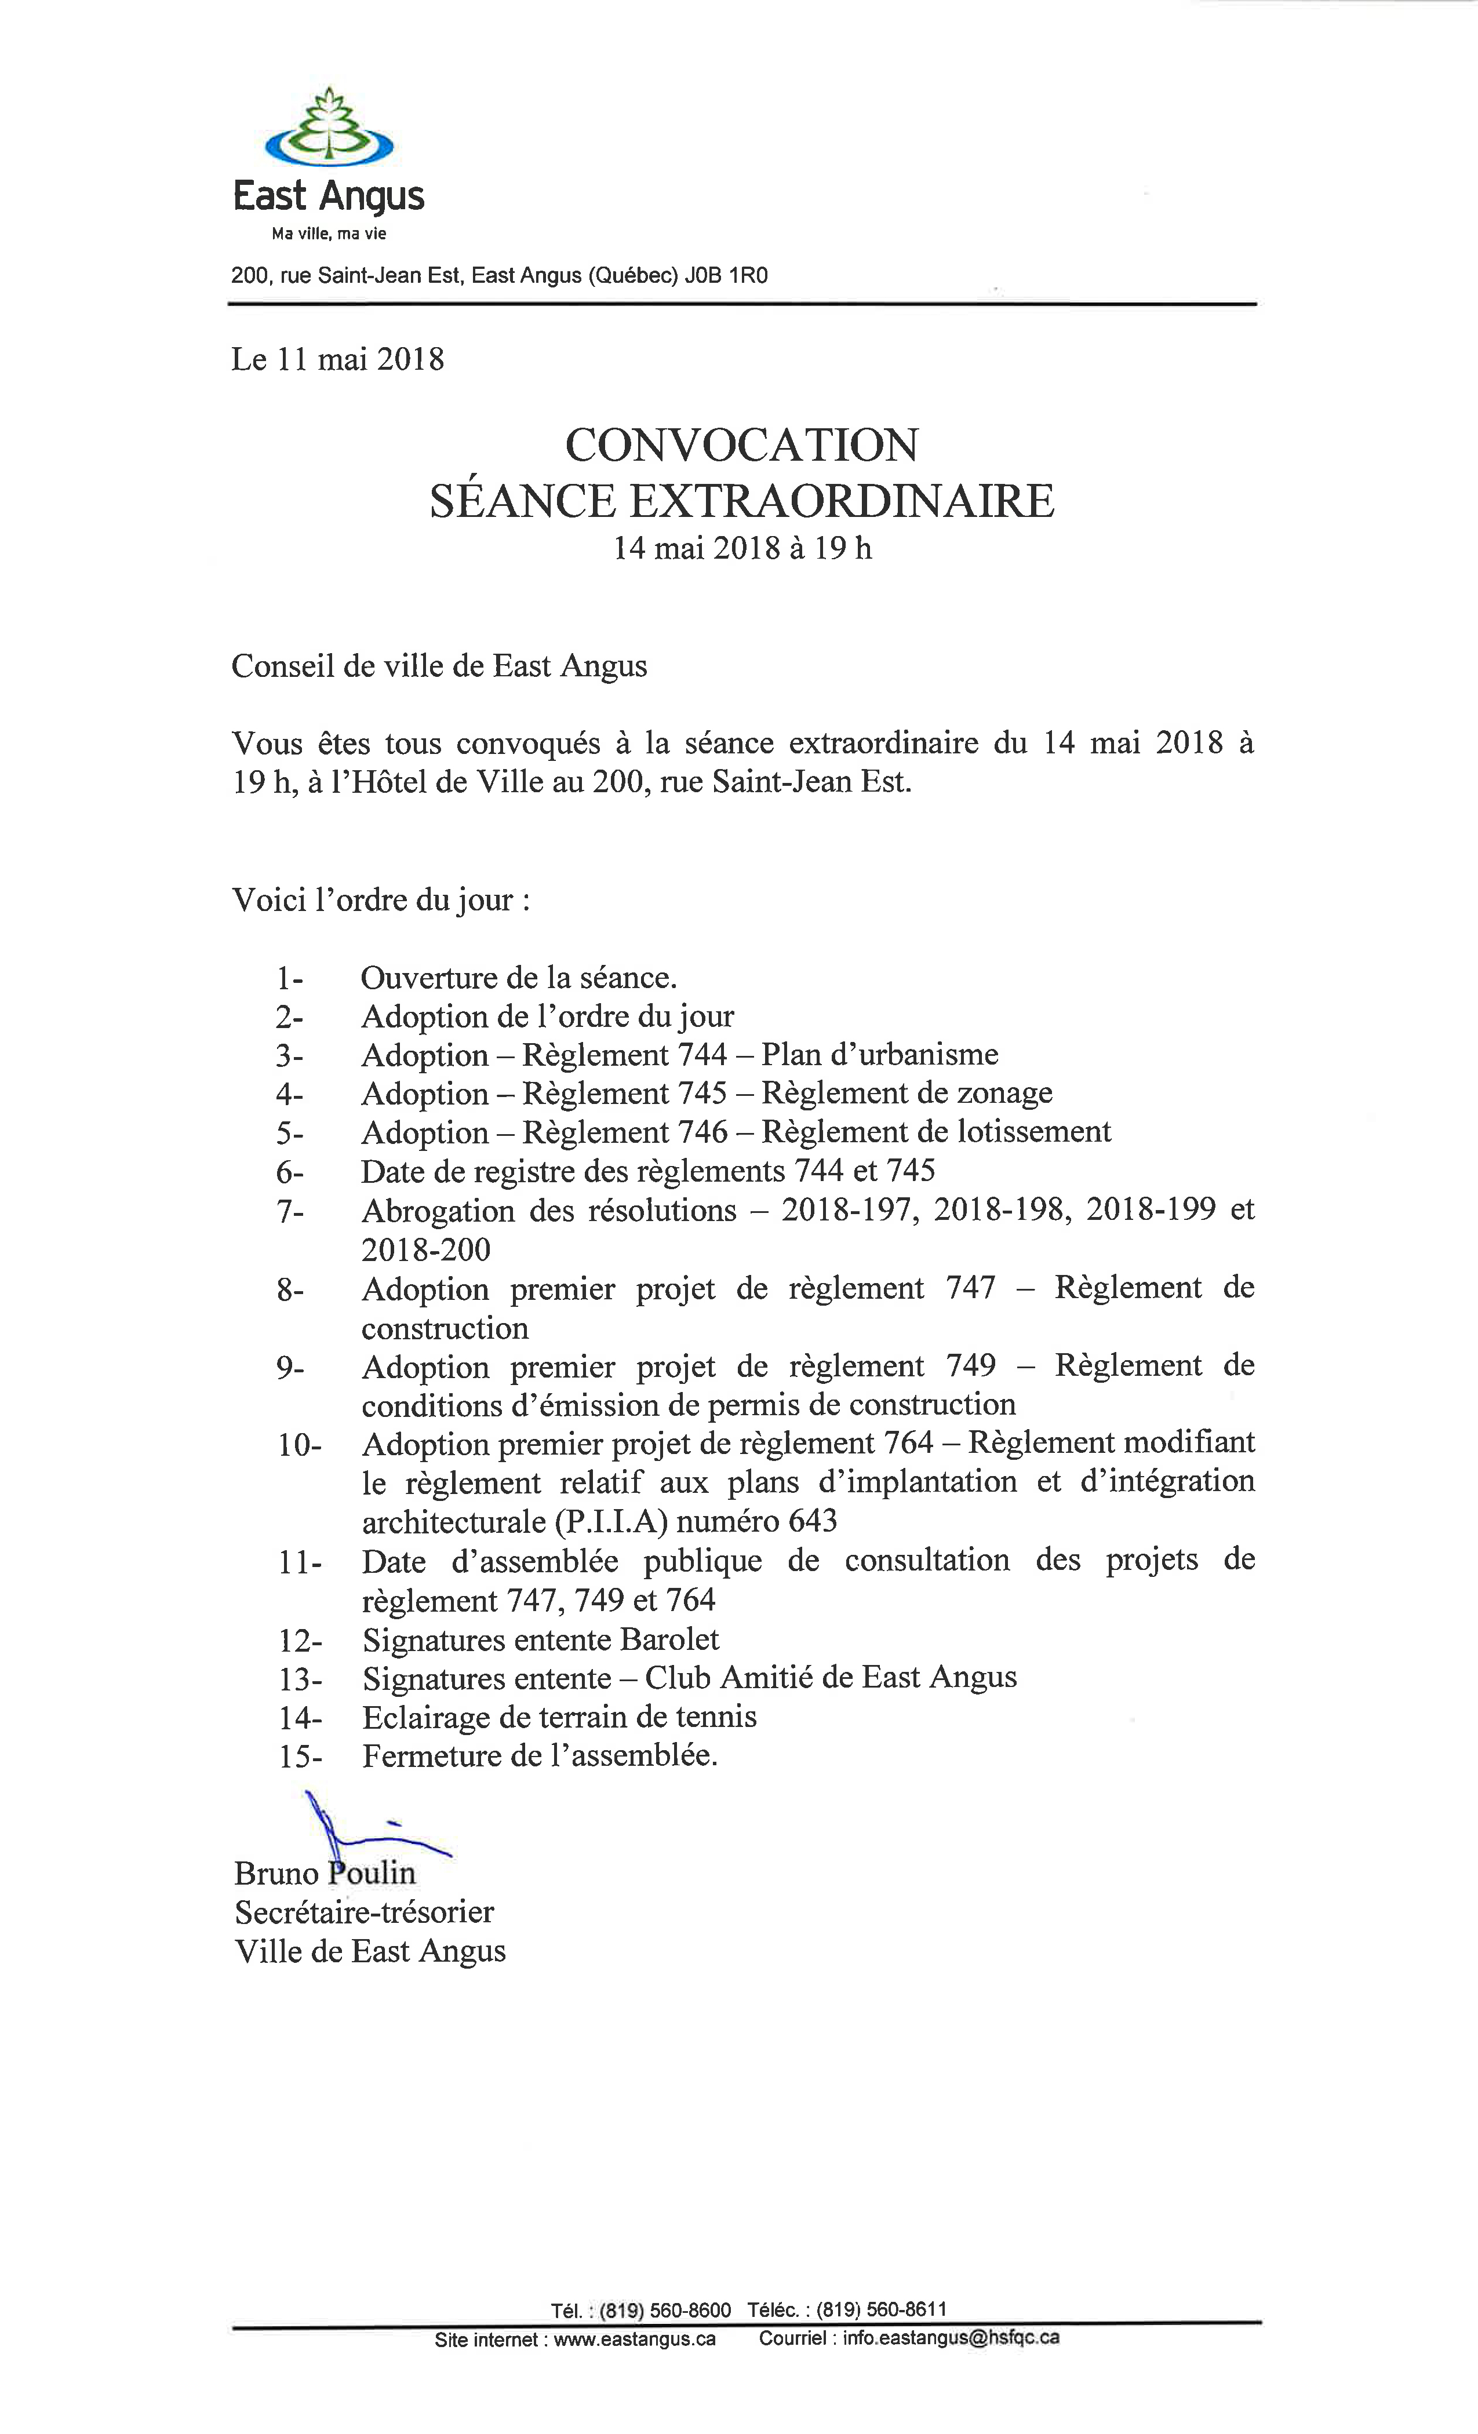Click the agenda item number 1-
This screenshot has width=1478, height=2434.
tap(289, 979)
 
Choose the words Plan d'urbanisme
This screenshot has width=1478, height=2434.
tap(879, 1055)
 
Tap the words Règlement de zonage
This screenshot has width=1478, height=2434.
tap(907, 1094)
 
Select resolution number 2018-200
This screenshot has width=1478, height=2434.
tap(426, 1249)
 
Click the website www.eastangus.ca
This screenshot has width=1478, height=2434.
tap(634, 2339)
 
